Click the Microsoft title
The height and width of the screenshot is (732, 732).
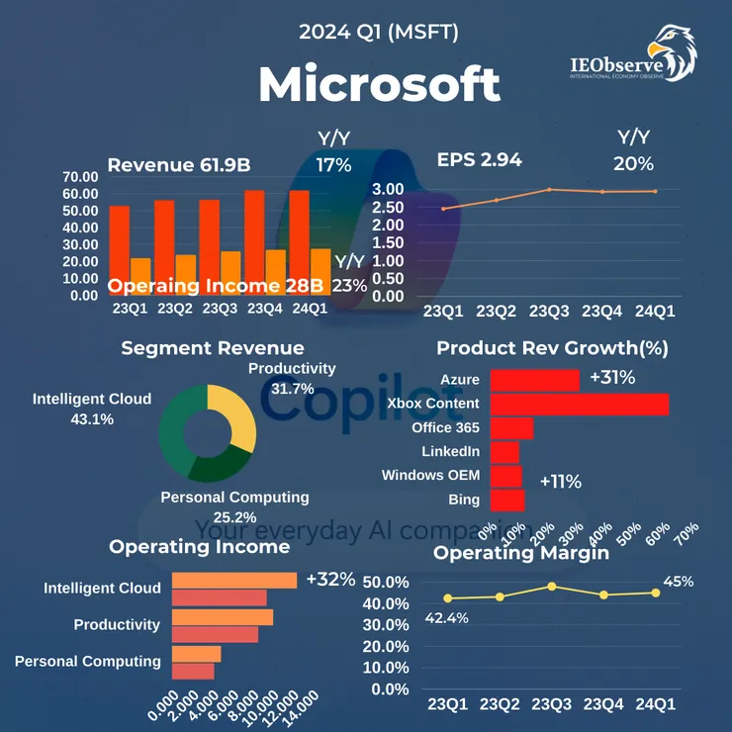[379, 86]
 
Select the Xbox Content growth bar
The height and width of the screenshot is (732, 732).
[579, 404]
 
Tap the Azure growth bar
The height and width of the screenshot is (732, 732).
[534, 380]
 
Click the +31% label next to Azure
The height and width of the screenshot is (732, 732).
[611, 378]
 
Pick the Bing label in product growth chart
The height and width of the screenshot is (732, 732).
[463, 500]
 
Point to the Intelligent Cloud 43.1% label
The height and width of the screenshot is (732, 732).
[92, 409]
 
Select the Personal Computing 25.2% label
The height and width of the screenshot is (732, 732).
[234, 506]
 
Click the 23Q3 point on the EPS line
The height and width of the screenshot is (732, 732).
[549, 189]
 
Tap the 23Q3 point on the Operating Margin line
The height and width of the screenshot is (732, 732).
[551, 586]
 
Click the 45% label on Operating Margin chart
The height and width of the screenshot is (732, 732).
[679, 582]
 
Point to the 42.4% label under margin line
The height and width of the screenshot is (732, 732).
[447, 618]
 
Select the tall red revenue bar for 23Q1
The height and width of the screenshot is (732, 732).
[119, 249]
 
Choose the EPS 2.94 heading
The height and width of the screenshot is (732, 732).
[480, 159]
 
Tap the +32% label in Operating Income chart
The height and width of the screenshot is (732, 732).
[330, 579]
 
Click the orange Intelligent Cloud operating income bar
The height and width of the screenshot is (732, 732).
[234, 580]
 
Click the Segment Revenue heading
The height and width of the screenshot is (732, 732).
[213, 348]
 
